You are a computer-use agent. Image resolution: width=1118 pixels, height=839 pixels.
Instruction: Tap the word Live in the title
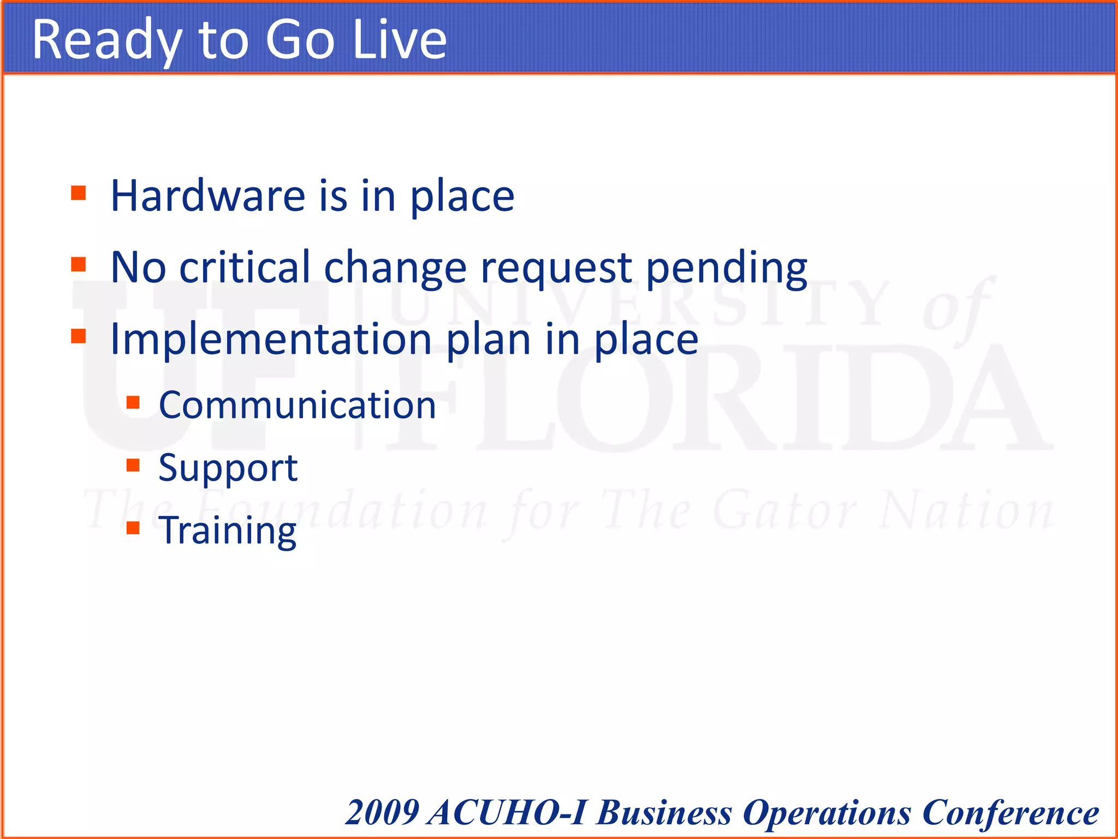click(400, 39)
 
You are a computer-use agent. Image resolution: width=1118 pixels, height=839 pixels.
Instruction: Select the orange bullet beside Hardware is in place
click(79, 193)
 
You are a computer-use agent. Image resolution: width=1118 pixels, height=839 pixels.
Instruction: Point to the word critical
click(245, 267)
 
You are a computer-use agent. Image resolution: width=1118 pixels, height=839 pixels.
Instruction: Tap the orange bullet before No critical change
click(79, 265)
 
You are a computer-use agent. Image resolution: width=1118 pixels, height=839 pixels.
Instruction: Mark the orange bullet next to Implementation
click(79, 336)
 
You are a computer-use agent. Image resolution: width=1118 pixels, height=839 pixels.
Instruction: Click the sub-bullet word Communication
click(297, 405)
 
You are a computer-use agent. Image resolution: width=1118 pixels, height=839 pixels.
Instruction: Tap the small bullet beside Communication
click(133, 403)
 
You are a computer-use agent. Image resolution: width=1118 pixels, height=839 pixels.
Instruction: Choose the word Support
click(228, 469)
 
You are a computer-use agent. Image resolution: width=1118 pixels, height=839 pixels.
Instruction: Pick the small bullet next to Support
click(133, 465)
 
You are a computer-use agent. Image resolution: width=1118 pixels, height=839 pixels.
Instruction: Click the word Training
click(227, 531)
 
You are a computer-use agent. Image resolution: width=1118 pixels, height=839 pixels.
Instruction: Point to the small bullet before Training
click(133, 528)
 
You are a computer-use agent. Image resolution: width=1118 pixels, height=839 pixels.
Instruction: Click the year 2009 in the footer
click(382, 813)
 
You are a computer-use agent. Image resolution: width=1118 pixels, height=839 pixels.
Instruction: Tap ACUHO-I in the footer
click(507, 813)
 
